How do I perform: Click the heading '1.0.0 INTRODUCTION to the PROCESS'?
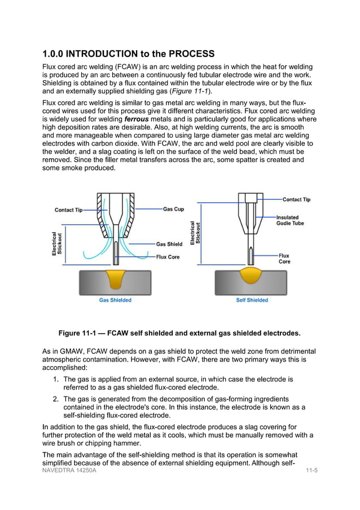128,54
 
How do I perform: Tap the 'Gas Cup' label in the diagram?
173,209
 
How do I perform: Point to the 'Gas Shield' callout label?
169,244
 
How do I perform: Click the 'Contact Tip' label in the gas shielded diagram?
68,210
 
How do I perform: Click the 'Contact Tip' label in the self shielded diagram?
296,199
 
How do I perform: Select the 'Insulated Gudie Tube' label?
290,220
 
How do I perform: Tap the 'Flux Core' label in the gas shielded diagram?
168,256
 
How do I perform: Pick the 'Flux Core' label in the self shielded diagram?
284,259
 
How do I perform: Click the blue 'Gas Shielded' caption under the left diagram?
115,300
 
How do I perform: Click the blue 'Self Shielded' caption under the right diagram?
252,300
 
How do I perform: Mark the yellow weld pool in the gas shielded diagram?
116,278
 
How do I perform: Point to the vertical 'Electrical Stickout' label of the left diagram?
58,243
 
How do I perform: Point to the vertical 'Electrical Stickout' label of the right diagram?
195,233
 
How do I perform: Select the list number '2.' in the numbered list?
56,399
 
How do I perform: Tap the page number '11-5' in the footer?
311,470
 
